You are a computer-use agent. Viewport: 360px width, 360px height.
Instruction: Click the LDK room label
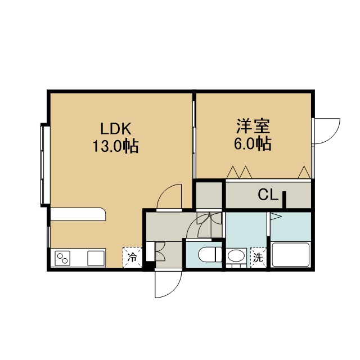[116, 129]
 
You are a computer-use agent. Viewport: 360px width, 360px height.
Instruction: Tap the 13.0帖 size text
[115, 146]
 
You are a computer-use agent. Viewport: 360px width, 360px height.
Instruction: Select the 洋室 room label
[253, 126]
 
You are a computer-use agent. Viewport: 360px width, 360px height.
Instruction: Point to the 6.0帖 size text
[253, 144]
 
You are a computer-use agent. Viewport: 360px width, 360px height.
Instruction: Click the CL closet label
[268, 195]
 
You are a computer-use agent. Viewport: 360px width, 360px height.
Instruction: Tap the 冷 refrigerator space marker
[132, 257]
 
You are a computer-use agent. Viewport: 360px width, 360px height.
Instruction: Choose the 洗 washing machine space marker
[258, 258]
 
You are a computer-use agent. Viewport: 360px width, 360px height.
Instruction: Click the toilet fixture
[210, 254]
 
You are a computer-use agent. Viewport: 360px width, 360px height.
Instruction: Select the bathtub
[291, 254]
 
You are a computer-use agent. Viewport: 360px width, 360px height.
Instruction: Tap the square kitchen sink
[96, 258]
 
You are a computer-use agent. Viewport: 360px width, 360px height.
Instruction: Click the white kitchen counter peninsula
[78, 214]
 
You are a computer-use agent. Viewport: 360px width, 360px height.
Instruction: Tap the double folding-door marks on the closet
[239, 173]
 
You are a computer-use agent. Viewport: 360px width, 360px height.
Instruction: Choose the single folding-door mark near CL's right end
[304, 173]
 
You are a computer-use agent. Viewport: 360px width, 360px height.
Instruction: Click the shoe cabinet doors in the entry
[160, 251]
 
